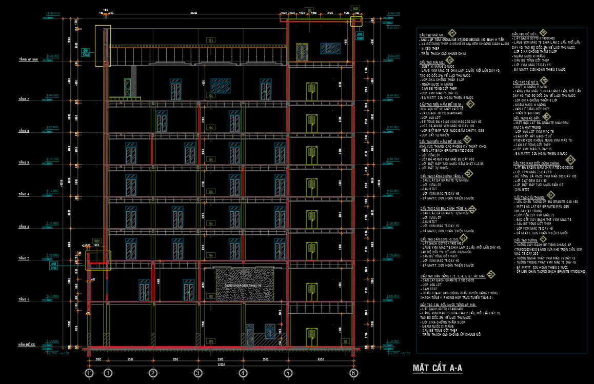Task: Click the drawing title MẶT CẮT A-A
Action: [x=438, y=368]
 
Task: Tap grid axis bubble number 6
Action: [x=353, y=373]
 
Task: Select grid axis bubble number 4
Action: [x=243, y=373]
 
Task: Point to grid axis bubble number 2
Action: [x=152, y=373]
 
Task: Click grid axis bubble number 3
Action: [x=197, y=373]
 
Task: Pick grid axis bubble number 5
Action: [x=288, y=373]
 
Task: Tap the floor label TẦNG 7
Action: [x=24, y=99]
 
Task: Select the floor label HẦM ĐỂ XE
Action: [x=27, y=345]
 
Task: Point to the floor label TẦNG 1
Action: [x=24, y=299]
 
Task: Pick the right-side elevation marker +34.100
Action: [x=394, y=28]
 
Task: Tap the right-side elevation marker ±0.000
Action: [x=394, y=296]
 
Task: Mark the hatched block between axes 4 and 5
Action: [x=239, y=285]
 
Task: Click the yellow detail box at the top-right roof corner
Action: [x=356, y=21]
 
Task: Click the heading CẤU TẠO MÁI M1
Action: [x=434, y=34]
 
